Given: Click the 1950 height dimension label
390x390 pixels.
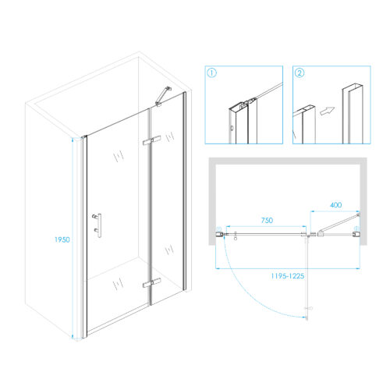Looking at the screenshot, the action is pyautogui.click(x=62, y=239).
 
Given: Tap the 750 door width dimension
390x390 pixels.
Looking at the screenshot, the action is pyautogui.click(x=267, y=221).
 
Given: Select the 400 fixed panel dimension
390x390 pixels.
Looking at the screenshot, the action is pyautogui.click(x=335, y=205).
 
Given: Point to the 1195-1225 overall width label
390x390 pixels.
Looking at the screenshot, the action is pyautogui.click(x=288, y=276).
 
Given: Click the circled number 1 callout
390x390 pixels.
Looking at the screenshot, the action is pyautogui.click(x=211, y=73).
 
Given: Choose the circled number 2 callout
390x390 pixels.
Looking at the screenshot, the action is pyautogui.click(x=300, y=73).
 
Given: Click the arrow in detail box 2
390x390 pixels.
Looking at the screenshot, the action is pyautogui.click(x=327, y=111).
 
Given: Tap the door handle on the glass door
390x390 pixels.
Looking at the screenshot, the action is pyautogui.click(x=97, y=225).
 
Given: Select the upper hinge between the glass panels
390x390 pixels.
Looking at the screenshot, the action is pyautogui.click(x=151, y=140).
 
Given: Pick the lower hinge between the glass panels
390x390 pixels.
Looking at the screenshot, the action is pyautogui.click(x=151, y=283).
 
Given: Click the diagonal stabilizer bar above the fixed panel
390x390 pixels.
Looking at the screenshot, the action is pyautogui.click(x=163, y=96).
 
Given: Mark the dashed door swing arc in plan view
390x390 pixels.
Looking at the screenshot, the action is pyautogui.click(x=250, y=291).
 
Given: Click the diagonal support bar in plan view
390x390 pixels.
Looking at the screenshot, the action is pyautogui.click(x=338, y=222).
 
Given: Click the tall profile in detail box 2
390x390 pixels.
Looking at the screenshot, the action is pyautogui.click(x=353, y=114).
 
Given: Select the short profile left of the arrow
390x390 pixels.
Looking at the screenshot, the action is pyautogui.click(x=304, y=125).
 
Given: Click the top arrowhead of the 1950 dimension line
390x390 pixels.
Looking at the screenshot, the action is pyautogui.click(x=73, y=140).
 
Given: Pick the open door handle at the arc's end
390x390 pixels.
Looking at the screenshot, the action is pyautogui.click(x=309, y=309).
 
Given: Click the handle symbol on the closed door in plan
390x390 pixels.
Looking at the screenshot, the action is pyautogui.click(x=236, y=236).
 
